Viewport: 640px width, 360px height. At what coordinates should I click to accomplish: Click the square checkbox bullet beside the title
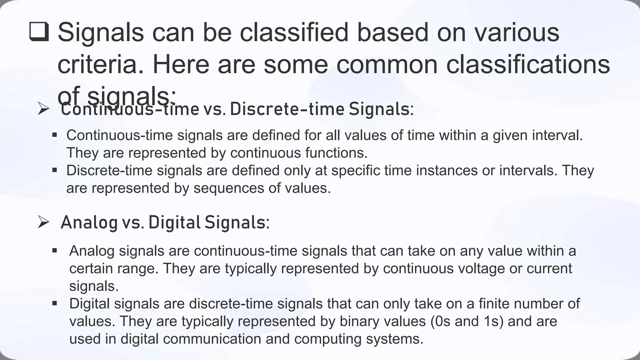(39, 32)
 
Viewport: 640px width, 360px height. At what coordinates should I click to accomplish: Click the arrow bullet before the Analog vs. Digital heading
(43, 222)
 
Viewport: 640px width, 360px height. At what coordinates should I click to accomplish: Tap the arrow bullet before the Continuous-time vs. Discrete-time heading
(43, 109)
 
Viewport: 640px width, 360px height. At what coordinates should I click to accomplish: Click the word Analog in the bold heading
(89, 222)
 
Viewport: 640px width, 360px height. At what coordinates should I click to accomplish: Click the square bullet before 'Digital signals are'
(55, 303)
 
